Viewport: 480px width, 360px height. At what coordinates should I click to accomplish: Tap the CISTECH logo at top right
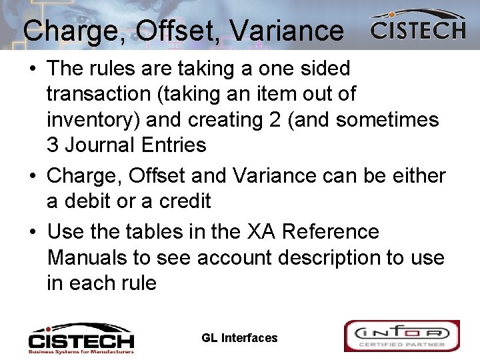418,27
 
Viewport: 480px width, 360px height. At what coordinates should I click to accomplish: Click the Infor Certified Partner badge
401,335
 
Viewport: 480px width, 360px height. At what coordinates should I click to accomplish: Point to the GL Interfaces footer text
239,338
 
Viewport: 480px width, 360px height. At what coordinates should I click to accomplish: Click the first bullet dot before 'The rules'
33,69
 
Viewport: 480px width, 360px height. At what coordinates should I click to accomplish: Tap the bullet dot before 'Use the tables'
33,233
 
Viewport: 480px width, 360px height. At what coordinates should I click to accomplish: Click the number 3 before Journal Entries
53,145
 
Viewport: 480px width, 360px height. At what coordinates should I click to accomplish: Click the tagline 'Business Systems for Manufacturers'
81,350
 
